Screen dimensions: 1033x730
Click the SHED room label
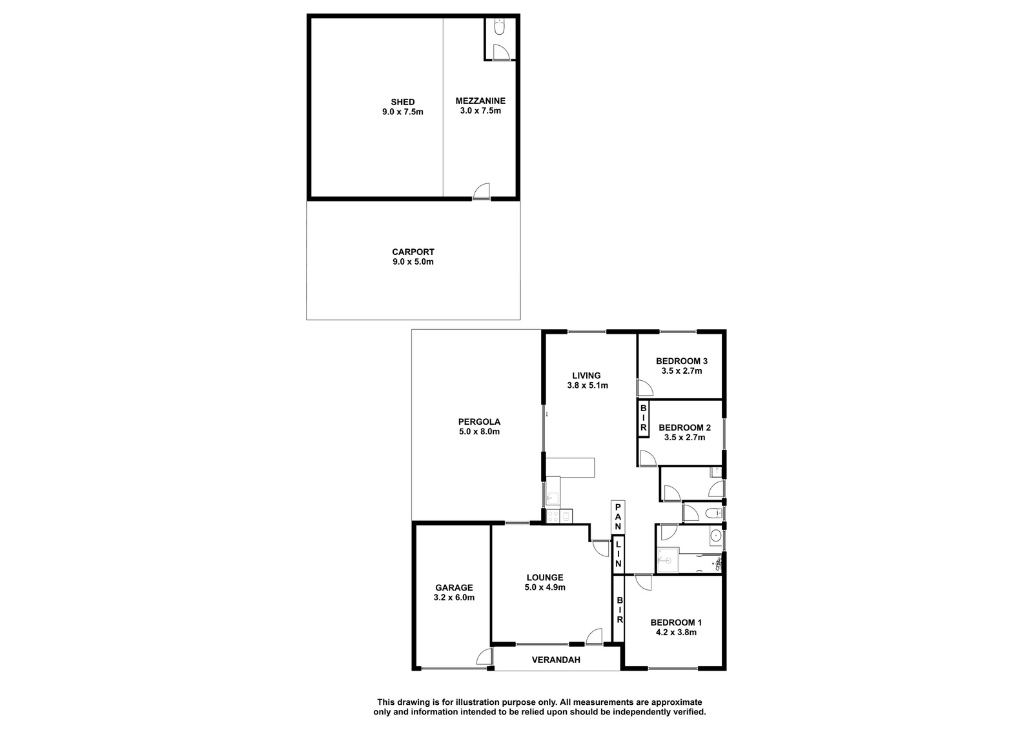pyautogui.click(x=403, y=102)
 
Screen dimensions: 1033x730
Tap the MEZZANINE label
pyautogui.click(x=480, y=101)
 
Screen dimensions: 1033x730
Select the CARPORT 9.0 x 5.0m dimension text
pyautogui.click(x=413, y=262)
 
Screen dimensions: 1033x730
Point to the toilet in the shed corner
pyautogui.click(x=500, y=27)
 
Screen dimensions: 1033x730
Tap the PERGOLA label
pyautogui.click(x=479, y=421)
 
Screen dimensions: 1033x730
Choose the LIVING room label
pyautogui.click(x=587, y=376)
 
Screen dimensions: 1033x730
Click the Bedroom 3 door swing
pyautogui.click(x=645, y=388)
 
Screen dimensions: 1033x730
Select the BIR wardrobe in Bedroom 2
pyautogui.click(x=643, y=418)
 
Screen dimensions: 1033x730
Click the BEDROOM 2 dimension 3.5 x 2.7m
pyautogui.click(x=684, y=438)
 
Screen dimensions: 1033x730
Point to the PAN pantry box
pyautogui.click(x=618, y=516)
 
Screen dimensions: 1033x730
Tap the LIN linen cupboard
pyautogui.click(x=618, y=554)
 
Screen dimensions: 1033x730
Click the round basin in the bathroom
pyautogui.click(x=715, y=535)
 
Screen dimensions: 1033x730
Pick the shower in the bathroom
pyautogui.click(x=668, y=560)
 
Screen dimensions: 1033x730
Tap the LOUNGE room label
pyautogui.click(x=545, y=578)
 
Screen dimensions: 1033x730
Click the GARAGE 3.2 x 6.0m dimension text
pyautogui.click(x=454, y=598)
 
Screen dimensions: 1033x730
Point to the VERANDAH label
pyautogui.click(x=556, y=660)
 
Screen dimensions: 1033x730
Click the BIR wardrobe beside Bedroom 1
pyautogui.click(x=620, y=610)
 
